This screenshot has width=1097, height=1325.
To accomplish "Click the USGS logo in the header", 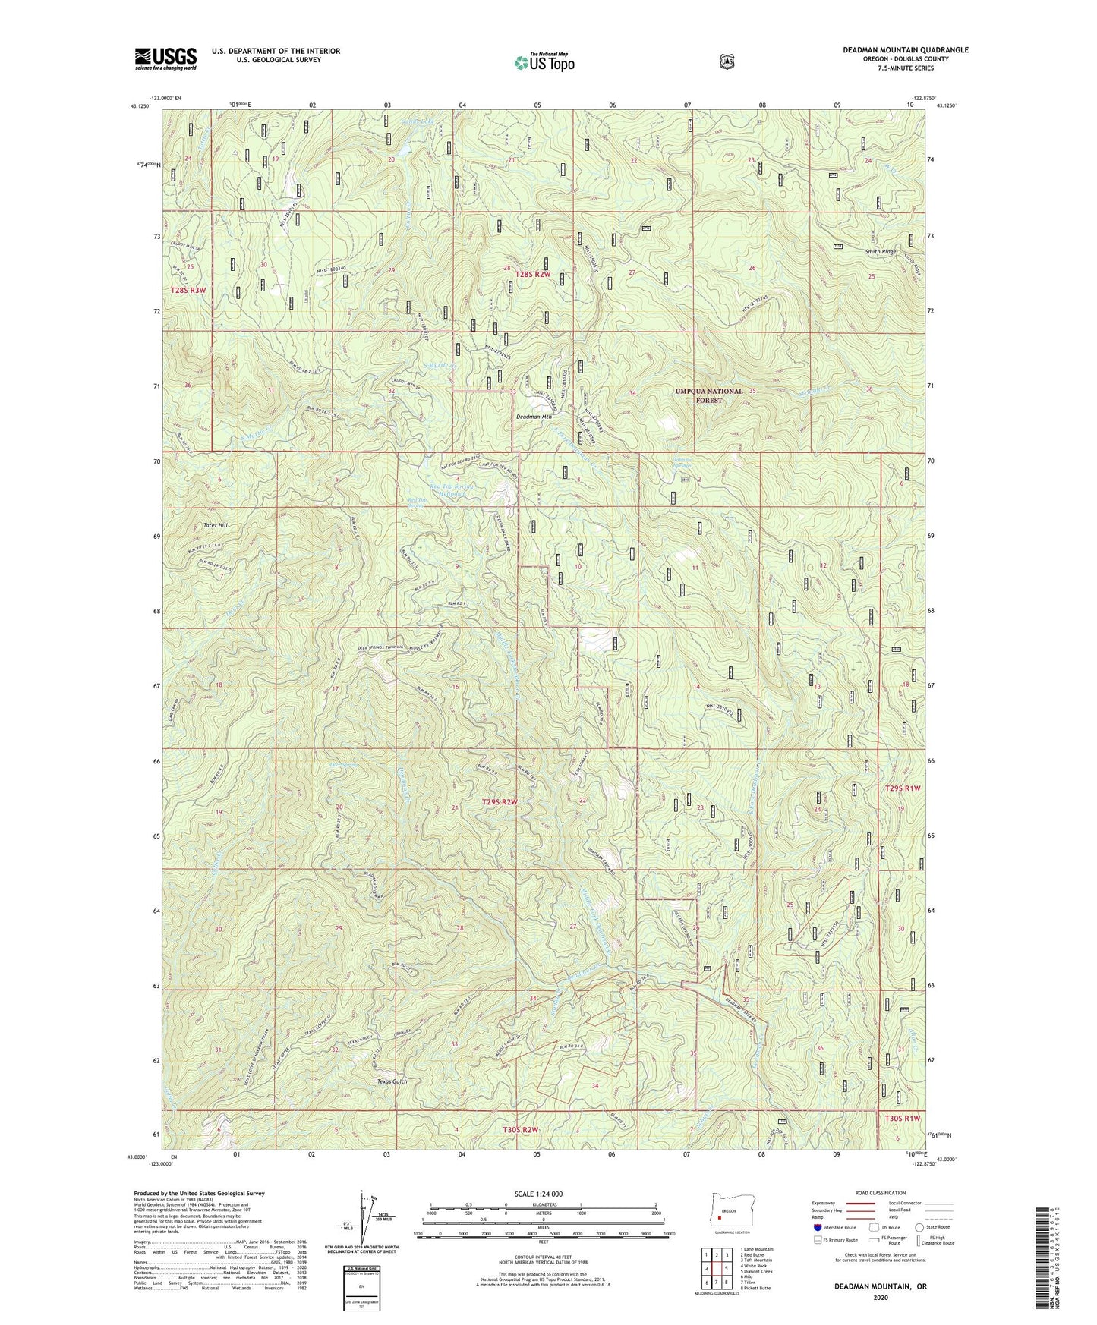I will coord(165,58).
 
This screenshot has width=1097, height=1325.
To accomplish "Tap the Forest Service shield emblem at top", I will coord(727,61).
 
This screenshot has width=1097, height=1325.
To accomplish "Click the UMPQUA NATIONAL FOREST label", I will coord(709,395).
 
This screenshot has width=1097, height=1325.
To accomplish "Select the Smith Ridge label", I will coord(881,251).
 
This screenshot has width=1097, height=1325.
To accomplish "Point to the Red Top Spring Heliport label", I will coord(451,489).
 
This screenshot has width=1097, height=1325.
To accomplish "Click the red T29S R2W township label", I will coord(504,801).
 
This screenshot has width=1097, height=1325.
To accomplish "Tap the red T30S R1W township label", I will coord(902,1118).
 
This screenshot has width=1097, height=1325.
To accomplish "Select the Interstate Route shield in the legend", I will coord(817,1227).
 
